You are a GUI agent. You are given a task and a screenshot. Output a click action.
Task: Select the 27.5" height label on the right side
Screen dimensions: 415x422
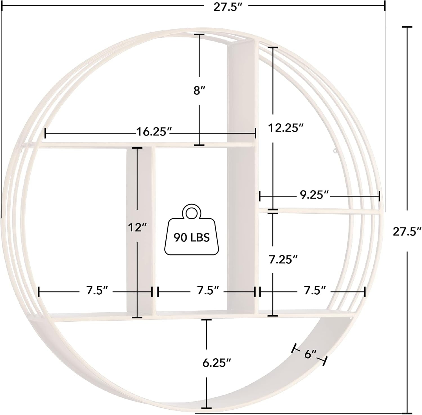point(407,231)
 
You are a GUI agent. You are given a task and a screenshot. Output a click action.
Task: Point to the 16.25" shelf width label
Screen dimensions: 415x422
point(154,132)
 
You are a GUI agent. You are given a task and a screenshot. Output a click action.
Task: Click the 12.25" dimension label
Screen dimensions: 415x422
point(285,128)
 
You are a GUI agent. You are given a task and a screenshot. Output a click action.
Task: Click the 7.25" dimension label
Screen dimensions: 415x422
point(283,260)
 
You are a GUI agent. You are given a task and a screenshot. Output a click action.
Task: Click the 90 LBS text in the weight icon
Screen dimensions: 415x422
point(191,238)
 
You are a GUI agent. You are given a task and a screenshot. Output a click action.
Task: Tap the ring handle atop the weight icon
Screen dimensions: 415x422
point(192,211)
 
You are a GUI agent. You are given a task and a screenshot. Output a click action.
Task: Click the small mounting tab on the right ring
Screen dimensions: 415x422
point(335,151)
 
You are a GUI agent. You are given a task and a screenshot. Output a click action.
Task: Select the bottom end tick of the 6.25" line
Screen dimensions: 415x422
point(206,408)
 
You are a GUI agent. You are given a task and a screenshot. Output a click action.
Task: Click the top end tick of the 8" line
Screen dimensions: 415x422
point(199,34)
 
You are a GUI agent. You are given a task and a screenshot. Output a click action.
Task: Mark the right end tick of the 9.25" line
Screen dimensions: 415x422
point(379,196)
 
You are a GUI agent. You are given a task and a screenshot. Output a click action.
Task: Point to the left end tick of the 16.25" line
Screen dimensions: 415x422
point(45,133)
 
